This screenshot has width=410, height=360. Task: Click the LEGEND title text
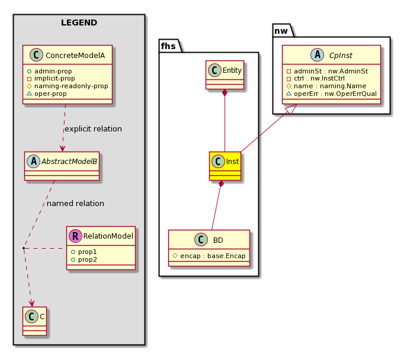[79, 22]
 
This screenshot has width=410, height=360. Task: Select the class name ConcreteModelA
[75, 56]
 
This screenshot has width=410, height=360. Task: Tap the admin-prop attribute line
[50, 71]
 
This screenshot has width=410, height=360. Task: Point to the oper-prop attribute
[47, 94]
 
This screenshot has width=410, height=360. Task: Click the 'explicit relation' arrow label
[93, 129]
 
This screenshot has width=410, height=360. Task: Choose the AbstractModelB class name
[69, 162]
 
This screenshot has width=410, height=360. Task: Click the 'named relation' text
[75, 203]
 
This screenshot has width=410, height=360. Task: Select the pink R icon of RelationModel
[75, 236]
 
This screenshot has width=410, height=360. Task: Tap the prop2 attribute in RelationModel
[84, 260]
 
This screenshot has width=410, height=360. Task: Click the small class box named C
[35, 321]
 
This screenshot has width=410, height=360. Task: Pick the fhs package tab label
[168, 46]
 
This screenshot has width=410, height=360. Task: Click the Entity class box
[225, 75]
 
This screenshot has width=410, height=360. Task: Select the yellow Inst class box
[225, 166]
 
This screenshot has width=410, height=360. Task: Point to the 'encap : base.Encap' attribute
[209, 256]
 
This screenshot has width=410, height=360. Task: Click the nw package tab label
[281, 31]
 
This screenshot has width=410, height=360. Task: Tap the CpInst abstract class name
[341, 56]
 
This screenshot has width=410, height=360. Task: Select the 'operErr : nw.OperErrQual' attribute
[332, 94]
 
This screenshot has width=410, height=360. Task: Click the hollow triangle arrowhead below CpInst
[292, 109]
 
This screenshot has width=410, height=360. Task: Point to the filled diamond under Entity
[225, 93]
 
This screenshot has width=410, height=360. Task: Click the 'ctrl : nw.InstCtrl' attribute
[316, 78]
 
